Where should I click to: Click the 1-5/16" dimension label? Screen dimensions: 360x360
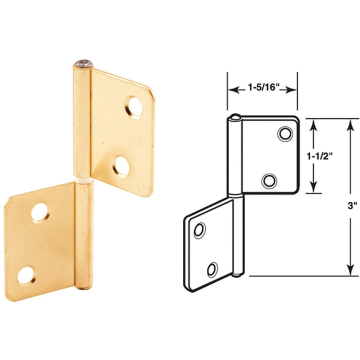pos(263,88)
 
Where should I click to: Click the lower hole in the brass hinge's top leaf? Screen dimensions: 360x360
pos(120,165)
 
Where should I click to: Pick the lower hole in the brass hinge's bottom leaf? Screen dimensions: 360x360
pos(24,275)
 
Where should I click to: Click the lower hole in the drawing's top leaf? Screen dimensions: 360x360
pos(269,181)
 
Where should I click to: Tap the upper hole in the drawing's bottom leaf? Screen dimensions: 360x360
pos(199,230)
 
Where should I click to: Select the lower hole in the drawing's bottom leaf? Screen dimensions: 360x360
pos(213,269)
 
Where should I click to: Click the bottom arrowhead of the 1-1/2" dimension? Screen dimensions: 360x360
pos(314,191)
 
